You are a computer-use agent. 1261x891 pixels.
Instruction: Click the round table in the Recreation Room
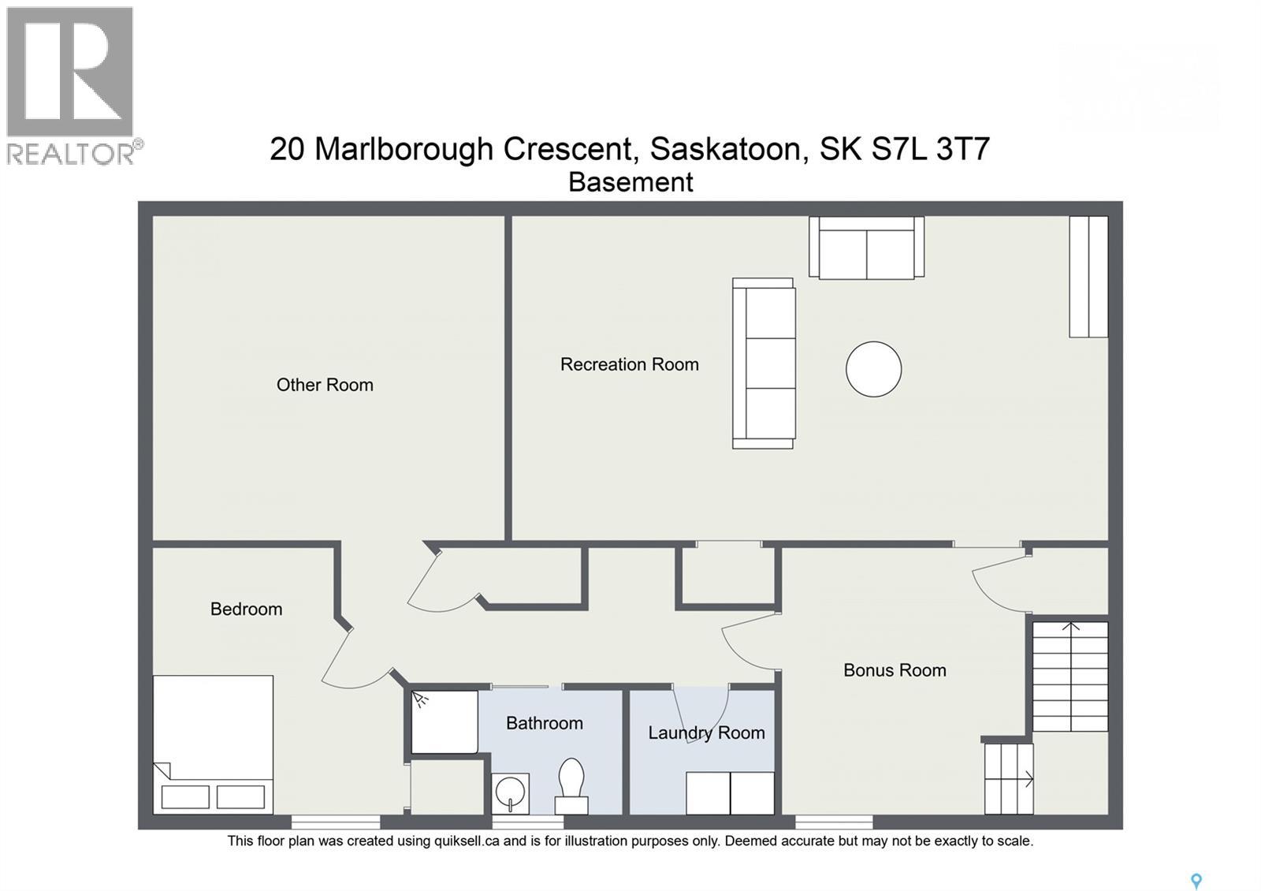pyautogui.click(x=873, y=369)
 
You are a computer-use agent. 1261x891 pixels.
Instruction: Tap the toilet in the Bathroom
pyautogui.click(x=571, y=784)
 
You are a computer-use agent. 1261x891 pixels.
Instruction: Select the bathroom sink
pyautogui.click(x=510, y=792)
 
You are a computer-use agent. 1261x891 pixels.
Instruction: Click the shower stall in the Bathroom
pyautogui.click(x=445, y=721)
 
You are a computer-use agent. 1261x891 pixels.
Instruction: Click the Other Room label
pyautogui.click(x=325, y=385)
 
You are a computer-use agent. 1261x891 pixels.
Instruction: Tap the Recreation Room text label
pyautogui.click(x=629, y=364)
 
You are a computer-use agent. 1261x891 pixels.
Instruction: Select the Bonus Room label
pyautogui.click(x=895, y=670)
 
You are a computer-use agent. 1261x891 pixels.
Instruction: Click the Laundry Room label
pyautogui.click(x=706, y=733)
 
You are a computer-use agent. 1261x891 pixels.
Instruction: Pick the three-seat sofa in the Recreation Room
pyautogui.click(x=764, y=363)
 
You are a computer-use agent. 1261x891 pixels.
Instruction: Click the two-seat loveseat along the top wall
pyautogui.click(x=866, y=248)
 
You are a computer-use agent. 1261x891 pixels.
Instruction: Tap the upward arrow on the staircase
pyautogui.click(x=1070, y=628)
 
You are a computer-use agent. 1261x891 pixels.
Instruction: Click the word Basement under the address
pyautogui.click(x=630, y=182)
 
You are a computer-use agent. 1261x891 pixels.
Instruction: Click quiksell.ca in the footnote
pyautogui.click(x=467, y=841)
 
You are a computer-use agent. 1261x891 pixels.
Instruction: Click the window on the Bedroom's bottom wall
pyautogui.click(x=336, y=822)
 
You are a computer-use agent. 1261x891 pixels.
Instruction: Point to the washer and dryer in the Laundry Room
pyautogui.click(x=730, y=792)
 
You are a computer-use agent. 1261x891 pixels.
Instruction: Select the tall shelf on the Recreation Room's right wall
pyautogui.click(x=1088, y=277)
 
